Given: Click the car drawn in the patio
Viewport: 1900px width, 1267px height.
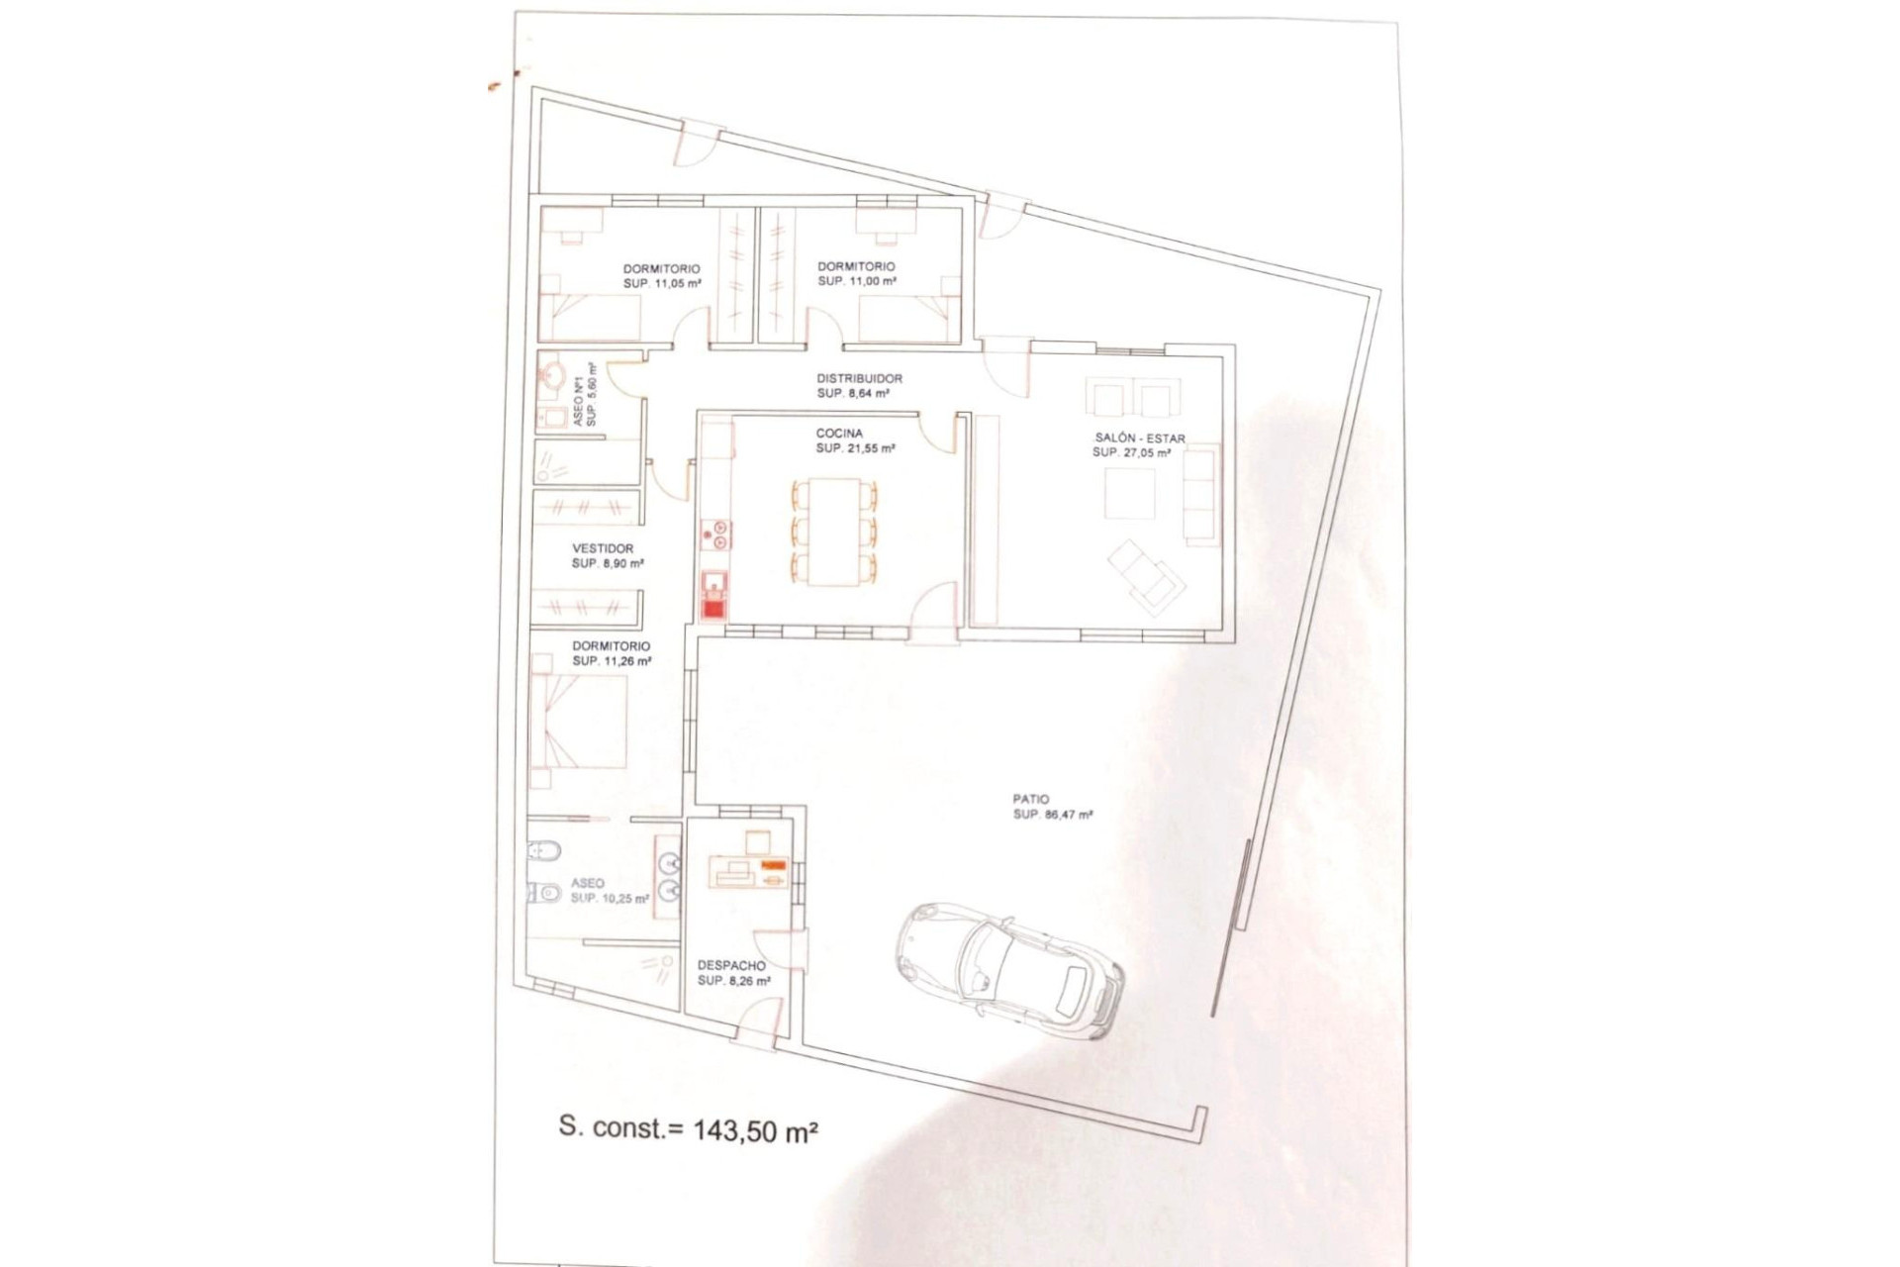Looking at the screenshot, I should click(x=1009, y=970).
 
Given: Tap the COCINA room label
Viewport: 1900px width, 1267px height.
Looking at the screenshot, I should click(x=839, y=434).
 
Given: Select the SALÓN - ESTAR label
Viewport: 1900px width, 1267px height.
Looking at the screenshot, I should click(x=1139, y=439).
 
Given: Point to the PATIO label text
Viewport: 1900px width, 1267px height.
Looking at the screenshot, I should click(x=1031, y=799).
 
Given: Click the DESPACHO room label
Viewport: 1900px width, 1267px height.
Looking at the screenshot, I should click(x=731, y=966).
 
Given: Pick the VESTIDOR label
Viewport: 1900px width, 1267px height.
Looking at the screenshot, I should click(x=603, y=548).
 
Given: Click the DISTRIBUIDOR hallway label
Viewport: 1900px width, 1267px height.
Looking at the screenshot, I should click(x=859, y=378).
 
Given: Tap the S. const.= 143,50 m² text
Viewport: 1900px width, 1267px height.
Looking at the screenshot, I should click(x=689, y=1129).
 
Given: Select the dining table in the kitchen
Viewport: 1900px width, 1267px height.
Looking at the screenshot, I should click(x=833, y=533).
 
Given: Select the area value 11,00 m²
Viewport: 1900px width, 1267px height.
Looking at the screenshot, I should click(x=871, y=281).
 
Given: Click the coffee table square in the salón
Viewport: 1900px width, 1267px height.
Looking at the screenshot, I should click(x=1130, y=493).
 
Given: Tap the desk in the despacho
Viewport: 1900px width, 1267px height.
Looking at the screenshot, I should click(x=748, y=873).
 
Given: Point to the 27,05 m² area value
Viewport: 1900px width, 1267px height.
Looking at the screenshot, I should click(x=1145, y=452).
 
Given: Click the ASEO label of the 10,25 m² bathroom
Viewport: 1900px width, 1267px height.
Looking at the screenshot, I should click(x=587, y=884).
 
